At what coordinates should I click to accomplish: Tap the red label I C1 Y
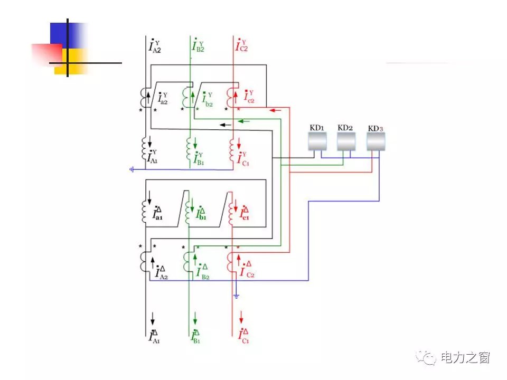click(242, 157)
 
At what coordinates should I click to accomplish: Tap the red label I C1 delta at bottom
click(243, 336)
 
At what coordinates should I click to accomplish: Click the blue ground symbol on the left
click(132, 169)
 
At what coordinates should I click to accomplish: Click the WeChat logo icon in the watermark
click(425, 358)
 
